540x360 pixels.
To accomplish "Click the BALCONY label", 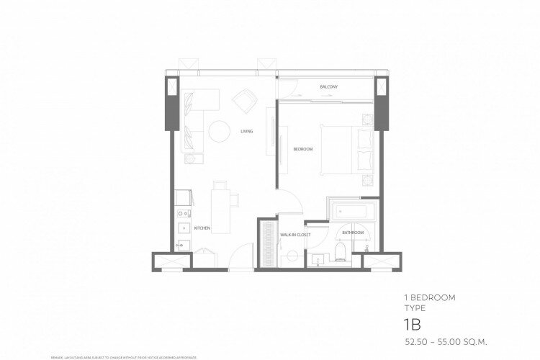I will (329, 87).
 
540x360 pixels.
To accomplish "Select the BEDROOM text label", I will (303, 149).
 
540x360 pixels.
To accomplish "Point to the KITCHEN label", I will (202, 228).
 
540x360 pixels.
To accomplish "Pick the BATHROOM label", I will (352, 233).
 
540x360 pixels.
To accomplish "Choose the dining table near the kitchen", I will (220, 209).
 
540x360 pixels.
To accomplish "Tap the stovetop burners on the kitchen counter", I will (183, 214).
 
